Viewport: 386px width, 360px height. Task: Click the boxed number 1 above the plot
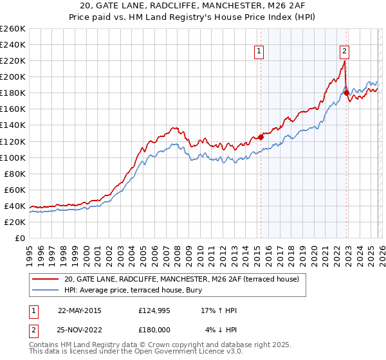[x=259, y=52]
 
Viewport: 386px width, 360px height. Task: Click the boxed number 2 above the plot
[x=344, y=52]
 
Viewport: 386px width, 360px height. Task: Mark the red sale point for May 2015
[x=261, y=137]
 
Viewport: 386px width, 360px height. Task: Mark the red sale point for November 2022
[x=346, y=93]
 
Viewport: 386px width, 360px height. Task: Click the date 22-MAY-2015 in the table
[x=79, y=310]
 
